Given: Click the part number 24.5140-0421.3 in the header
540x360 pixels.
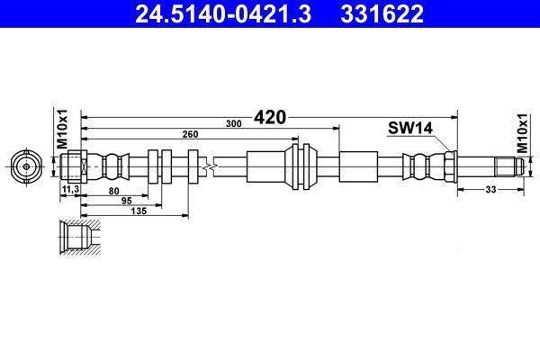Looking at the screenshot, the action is point(223,13).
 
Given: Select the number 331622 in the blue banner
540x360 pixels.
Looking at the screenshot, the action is point(382,13).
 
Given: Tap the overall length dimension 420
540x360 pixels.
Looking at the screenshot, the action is point(270,118).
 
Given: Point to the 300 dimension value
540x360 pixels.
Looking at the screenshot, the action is point(233,123).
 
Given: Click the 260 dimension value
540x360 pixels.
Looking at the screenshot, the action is point(190,134).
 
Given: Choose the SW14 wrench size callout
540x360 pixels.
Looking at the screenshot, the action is point(410,128).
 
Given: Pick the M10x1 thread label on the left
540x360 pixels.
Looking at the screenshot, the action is point(62,130).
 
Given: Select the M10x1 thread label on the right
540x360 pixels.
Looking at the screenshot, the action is point(522,134).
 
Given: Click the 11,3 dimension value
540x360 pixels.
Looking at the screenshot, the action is point(70,189).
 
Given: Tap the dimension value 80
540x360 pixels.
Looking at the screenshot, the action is point(113,191).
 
